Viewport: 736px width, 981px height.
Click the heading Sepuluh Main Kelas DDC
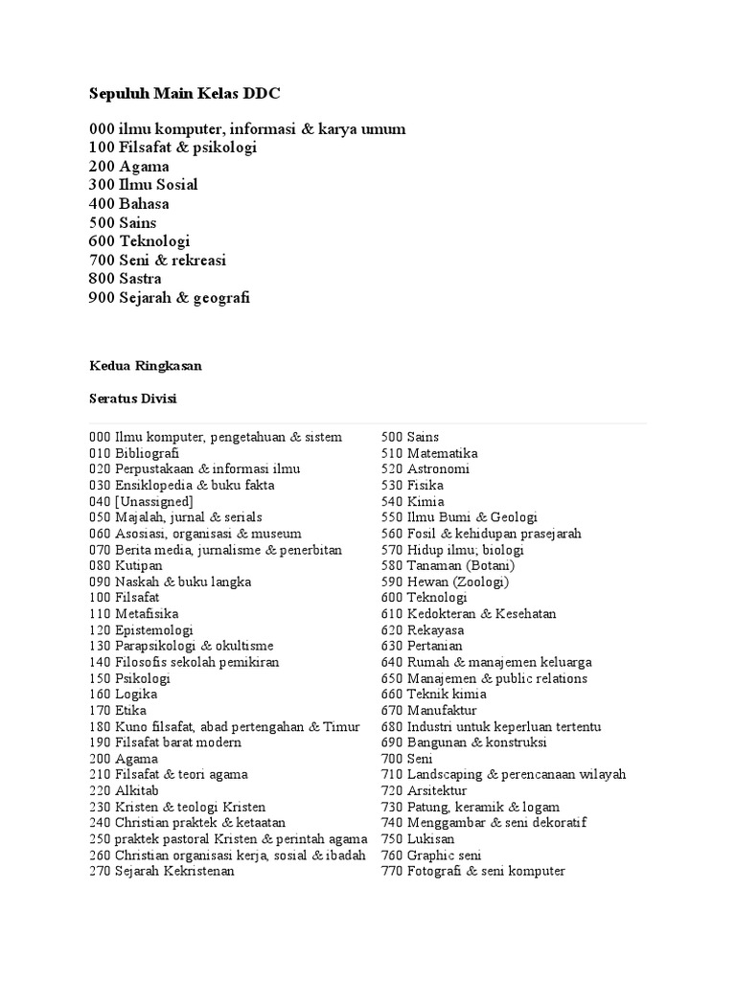(x=185, y=93)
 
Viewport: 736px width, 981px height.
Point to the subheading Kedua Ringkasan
(x=146, y=366)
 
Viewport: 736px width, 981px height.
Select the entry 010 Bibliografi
(x=134, y=453)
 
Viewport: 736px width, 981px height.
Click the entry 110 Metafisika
(x=134, y=614)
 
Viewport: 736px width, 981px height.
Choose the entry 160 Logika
(x=124, y=695)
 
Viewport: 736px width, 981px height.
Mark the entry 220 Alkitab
(x=124, y=791)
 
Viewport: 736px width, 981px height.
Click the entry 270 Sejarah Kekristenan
(x=162, y=871)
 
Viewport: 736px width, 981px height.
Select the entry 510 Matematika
(x=429, y=453)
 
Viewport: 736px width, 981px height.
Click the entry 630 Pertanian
(x=423, y=646)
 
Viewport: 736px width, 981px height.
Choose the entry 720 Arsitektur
(x=425, y=791)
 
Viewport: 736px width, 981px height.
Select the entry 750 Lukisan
(x=418, y=839)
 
